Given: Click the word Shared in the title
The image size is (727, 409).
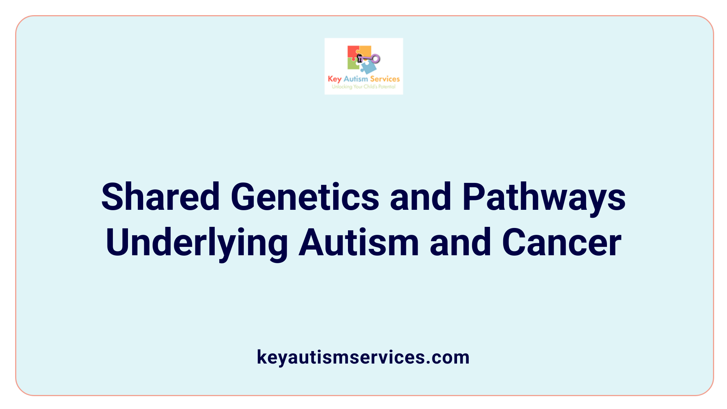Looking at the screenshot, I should [161, 197].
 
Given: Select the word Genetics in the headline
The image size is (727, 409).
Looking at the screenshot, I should [305, 197].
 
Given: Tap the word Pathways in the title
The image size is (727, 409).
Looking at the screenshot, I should [544, 197].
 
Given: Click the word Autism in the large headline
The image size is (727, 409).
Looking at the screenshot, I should [359, 242].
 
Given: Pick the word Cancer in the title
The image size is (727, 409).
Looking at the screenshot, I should [562, 242].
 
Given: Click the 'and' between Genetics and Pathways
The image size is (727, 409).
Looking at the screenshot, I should [421, 197].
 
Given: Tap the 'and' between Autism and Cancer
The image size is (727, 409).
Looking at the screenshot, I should [460, 242].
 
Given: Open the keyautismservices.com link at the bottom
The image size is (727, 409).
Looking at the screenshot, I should [363, 357].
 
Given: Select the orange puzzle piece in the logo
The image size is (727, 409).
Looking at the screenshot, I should [365, 51].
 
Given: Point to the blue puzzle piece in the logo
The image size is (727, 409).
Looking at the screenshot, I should [368, 67].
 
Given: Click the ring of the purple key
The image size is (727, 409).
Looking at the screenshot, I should [376, 59].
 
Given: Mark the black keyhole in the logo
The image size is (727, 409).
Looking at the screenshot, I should [359, 58].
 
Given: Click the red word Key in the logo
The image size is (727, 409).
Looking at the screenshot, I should [334, 79].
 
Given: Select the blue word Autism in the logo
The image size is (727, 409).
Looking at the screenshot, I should [356, 79].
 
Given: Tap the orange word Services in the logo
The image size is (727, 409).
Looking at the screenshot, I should [385, 79].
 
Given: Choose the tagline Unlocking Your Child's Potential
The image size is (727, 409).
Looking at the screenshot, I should [363, 87].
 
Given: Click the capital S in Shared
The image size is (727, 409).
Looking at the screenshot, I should [112, 197].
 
